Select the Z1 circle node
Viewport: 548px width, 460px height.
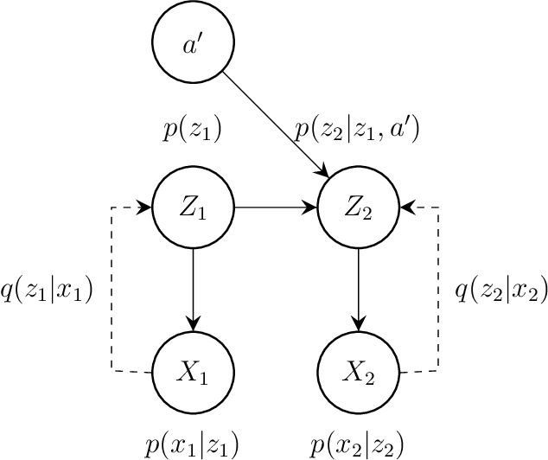[x=192, y=208]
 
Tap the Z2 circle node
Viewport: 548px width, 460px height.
[x=359, y=208]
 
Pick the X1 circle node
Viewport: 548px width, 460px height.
[x=192, y=373]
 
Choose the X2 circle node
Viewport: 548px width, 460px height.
[x=359, y=373]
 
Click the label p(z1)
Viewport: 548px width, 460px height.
[x=192, y=131]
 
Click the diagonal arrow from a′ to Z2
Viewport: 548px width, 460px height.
[x=275, y=124]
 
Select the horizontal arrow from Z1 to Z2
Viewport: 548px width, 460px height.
[x=275, y=208]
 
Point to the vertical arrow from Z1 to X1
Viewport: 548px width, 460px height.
[x=192, y=290]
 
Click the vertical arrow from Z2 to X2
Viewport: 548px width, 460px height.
[x=359, y=290]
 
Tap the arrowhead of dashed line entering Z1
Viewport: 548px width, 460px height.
[x=146, y=208]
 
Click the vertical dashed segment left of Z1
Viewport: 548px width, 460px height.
[x=112, y=290]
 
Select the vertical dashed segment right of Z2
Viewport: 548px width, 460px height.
[x=438, y=290]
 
